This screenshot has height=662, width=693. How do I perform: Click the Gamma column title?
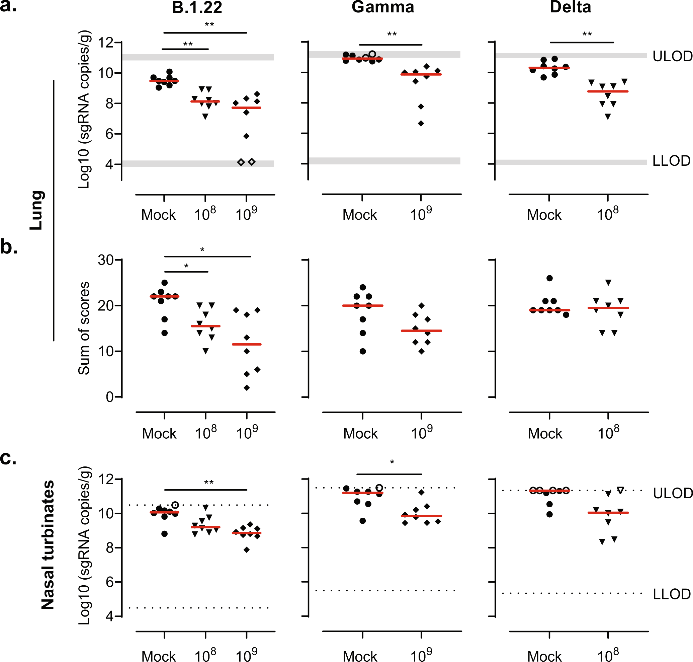pos(383,7)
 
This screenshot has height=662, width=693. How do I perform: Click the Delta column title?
pos(570,7)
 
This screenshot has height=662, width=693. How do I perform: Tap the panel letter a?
pos(8,6)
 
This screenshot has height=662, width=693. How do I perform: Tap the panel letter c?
pos(8,458)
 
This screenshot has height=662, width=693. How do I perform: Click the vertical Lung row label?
pos(37,210)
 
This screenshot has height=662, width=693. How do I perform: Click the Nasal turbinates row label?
pos(48,545)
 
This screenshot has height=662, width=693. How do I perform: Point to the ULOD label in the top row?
pos(672,57)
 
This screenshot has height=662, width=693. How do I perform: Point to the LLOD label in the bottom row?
pos(672,594)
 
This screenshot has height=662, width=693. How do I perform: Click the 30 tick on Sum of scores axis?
pos(105,260)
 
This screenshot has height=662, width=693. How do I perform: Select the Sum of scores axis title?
pos(84,328)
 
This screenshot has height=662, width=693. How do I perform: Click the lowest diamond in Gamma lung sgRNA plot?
pos(421,124)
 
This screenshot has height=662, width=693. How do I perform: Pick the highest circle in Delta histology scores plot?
pos(549,278)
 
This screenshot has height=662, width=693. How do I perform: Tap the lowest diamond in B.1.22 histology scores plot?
pos(247,388)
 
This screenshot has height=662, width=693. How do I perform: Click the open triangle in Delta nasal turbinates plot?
pos(621,490)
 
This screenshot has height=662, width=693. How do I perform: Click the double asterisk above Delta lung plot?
pos(587,34)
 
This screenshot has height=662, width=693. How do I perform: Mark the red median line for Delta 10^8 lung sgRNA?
pos(608,91)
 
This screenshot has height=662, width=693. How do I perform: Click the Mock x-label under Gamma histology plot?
pos(360,433)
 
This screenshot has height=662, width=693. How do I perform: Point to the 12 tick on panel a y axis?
pos(105,43)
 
